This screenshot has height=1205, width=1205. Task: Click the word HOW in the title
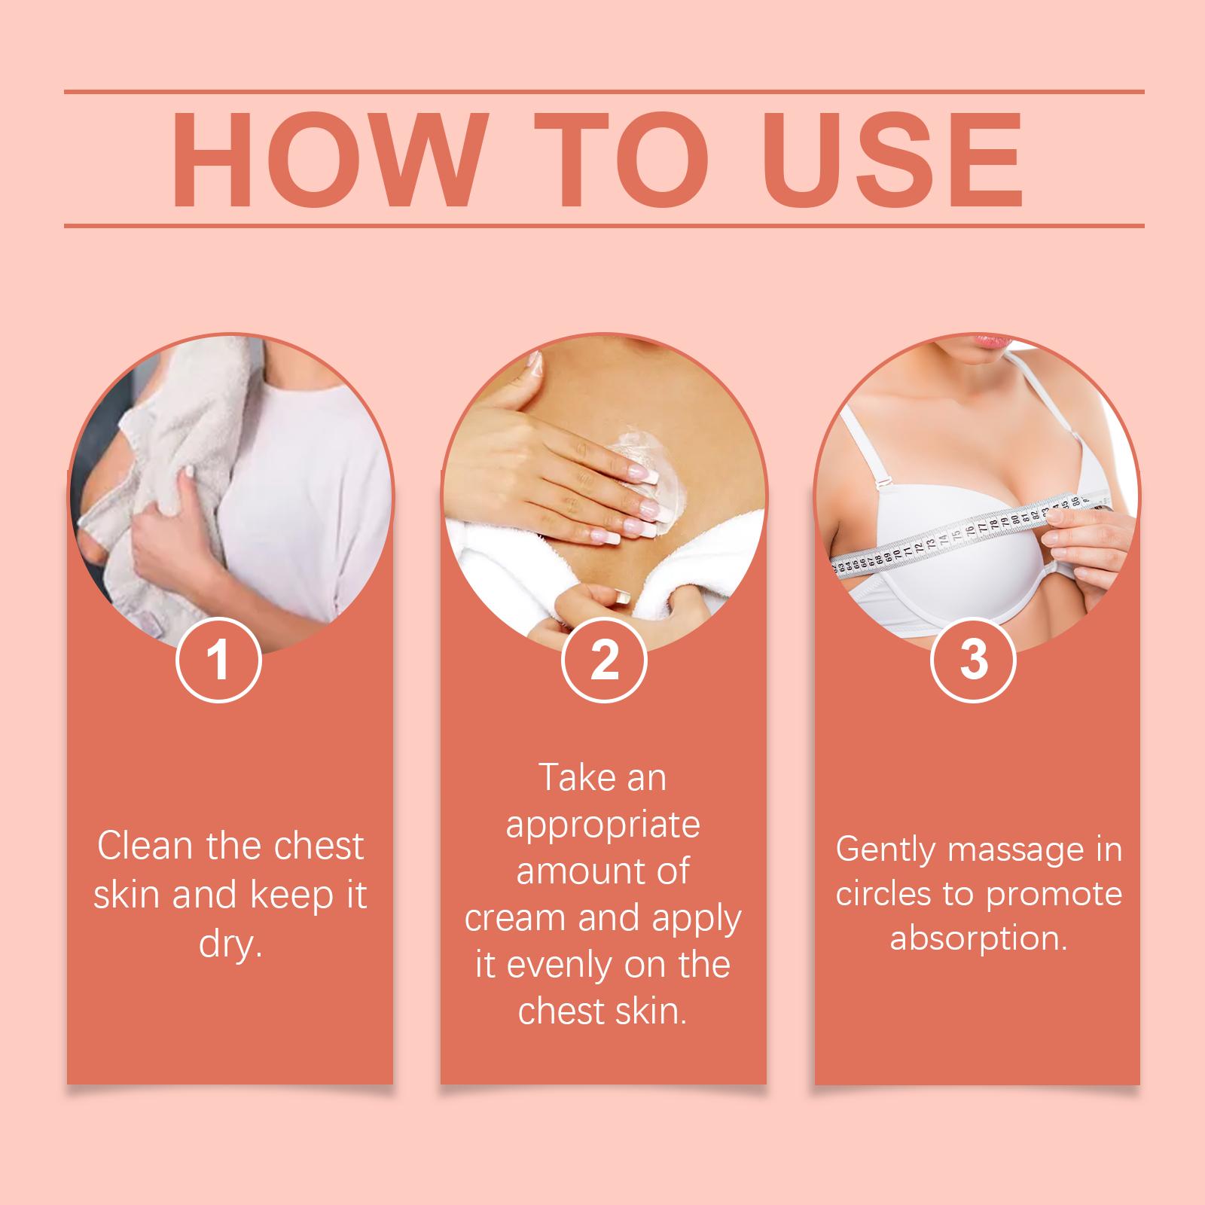pos(323,160)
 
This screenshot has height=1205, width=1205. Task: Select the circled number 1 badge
pos(218,660)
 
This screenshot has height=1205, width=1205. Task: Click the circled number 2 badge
pos(604,660)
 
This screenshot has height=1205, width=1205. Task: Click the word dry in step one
pos(230,945)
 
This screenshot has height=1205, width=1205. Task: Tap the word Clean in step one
pos(145,847)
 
